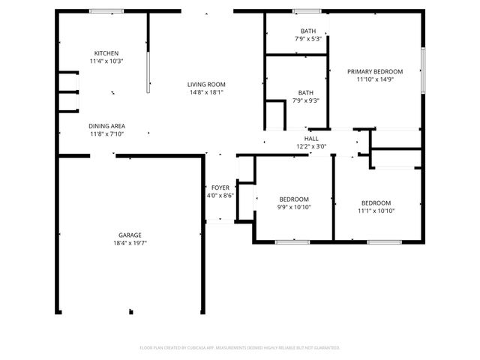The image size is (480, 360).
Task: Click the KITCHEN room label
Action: [106, 53]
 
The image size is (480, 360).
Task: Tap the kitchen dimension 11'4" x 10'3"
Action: [106, 61]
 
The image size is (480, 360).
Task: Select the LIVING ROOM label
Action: [206, 84]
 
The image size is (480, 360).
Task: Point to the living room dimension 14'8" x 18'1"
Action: [206, 92]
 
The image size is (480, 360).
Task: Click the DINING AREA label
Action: [107, 126]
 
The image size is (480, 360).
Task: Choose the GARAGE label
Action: [130, 235]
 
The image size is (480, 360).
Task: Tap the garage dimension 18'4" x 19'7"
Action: [130, 243]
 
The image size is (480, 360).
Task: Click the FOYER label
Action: [220, 187]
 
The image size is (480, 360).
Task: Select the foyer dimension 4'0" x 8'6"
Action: [220, 196]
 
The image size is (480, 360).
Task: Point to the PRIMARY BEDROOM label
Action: [375, 71]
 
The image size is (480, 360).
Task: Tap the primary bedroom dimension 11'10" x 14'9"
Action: [375, 79]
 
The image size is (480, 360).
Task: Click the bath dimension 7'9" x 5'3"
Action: [307, 39]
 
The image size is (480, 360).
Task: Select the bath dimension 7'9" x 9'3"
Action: [307, 100]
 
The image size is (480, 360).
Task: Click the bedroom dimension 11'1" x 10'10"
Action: [376, 211]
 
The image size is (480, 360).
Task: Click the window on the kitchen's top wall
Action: [106, 11]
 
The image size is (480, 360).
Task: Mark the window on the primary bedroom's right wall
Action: [423, 71]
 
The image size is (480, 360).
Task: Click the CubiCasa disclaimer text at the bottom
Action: [240, 347]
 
